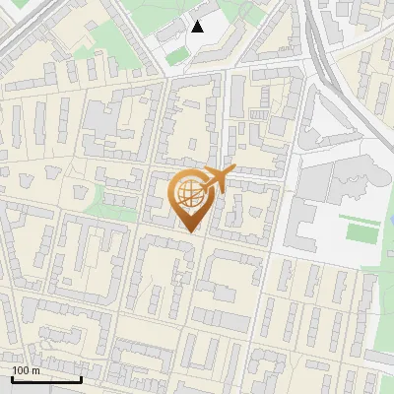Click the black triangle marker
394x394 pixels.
click(x=198, y=27)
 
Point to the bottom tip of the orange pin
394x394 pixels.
click(x=189, y=231)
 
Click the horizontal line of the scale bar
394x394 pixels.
click(x=45, y=379)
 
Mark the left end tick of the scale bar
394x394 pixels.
click(x=11, y=377)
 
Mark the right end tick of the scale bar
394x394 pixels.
click(x=81, y=377)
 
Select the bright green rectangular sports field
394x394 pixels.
click(x=361, y=232)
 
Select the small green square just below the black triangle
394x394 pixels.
click(x=177, y=57)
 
